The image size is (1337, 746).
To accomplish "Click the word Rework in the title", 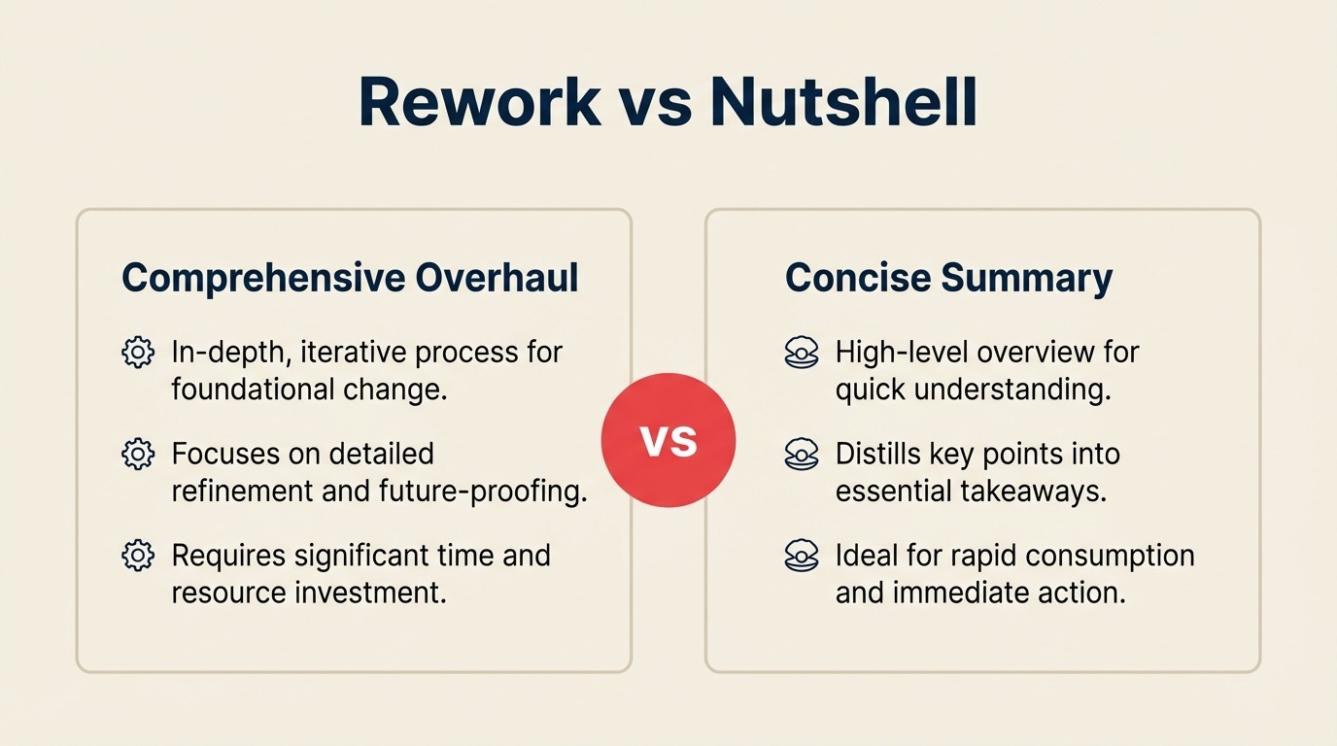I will tap(479, 101).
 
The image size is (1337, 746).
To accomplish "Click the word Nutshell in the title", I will tap(842, 101).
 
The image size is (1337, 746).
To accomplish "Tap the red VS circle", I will tap(668, 440).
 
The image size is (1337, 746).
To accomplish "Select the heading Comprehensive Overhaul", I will tap(350, 278).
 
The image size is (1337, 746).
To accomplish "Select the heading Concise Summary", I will tap(948, 278).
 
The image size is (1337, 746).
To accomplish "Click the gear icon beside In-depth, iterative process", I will tap(138, 352).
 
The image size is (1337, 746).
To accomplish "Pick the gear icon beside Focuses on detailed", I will tap(138, 454).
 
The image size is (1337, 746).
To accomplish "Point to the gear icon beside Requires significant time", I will tap(138, 556).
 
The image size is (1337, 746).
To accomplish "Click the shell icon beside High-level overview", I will tap(801, 353).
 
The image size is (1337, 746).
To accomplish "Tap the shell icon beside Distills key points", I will tap(801, 455).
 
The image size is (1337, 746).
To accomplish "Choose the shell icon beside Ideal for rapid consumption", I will tap(801, 557).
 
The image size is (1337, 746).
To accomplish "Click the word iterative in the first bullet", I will tap(357, 352).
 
